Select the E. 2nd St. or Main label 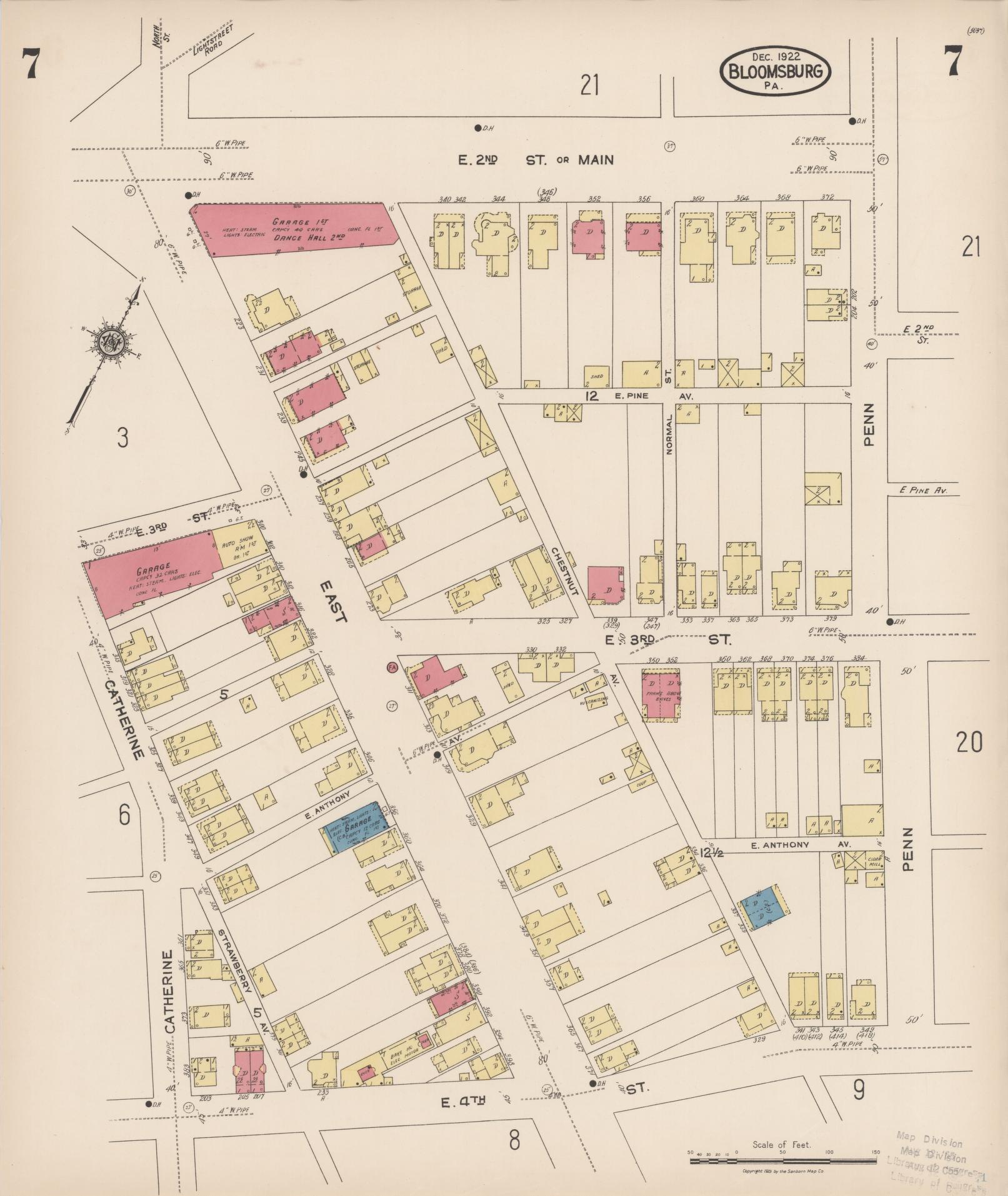[536, 160]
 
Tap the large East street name [332, 601]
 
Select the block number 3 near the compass [122, 438]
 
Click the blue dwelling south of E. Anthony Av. [761, 905]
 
